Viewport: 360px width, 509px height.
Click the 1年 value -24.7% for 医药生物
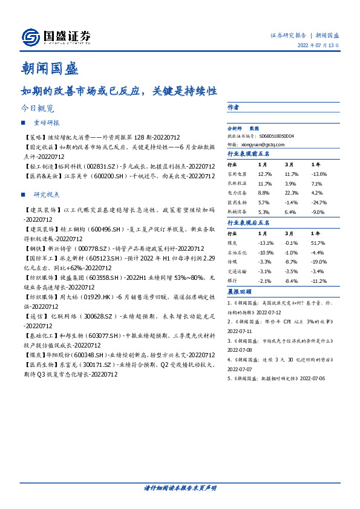[318, 203]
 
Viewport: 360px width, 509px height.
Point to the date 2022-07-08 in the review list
[240, 350]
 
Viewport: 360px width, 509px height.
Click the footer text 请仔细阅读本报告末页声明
[180, 487]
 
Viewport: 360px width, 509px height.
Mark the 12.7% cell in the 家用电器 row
[264, 174]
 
